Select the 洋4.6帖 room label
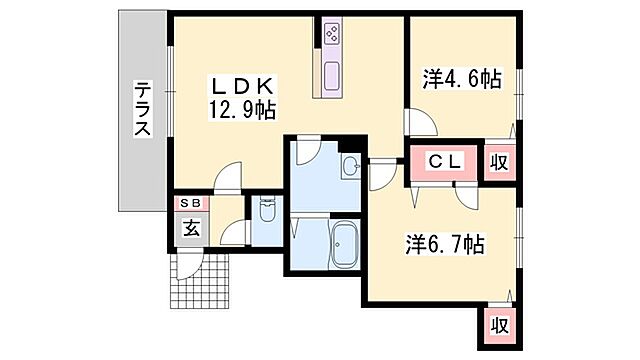coord(461,79)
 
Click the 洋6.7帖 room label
coord(445,243)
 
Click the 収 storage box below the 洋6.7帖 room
coord(497,325)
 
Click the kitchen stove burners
coord(331,34)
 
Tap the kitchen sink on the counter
coord(331,73)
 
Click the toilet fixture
coord(267,213)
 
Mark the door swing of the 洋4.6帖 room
coord(420,123)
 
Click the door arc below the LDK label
coord(227,177)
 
